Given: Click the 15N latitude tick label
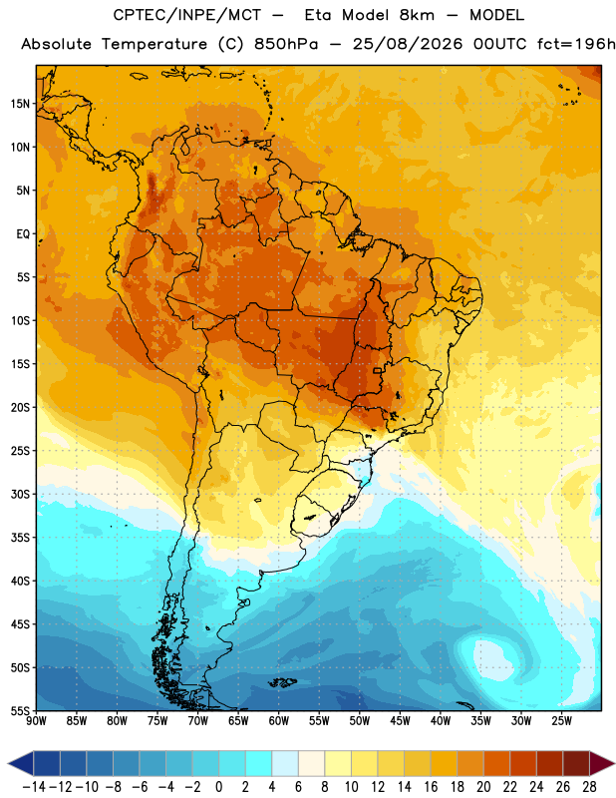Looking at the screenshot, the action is click(20, 104).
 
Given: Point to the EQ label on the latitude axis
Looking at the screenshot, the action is click(23, 234).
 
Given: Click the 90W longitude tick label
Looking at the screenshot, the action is click(36, 721).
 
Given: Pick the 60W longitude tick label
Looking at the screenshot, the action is click(279, 721).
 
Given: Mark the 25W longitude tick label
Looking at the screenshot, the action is click(561, 721).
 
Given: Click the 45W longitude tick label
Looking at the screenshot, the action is click(400, 721).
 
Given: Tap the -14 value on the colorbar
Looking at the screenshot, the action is click(34, 787).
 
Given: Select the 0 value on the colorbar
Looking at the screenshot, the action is click(218, 787).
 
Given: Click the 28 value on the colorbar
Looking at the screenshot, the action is click(589, 787).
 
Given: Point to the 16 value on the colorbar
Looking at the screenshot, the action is click(431, 787).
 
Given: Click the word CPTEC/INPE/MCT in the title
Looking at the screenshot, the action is click(186, 15).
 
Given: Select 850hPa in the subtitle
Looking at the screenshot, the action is click(286, 44).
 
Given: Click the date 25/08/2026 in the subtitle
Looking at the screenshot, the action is click(408, 44).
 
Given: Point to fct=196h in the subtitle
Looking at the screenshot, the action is click(576, 44).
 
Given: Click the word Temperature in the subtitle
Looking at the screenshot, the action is click(154, 44).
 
